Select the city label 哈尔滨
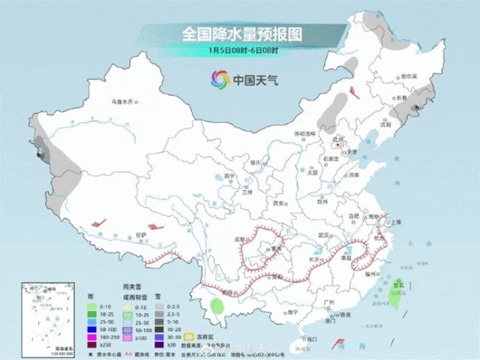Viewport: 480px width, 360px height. pos(408,77)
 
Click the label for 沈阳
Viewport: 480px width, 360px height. pos(385,124)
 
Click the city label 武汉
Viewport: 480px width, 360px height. pos(324,235)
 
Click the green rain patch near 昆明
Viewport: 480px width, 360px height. pos(217,305)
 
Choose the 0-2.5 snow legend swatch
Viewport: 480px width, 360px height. pos(159,307)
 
